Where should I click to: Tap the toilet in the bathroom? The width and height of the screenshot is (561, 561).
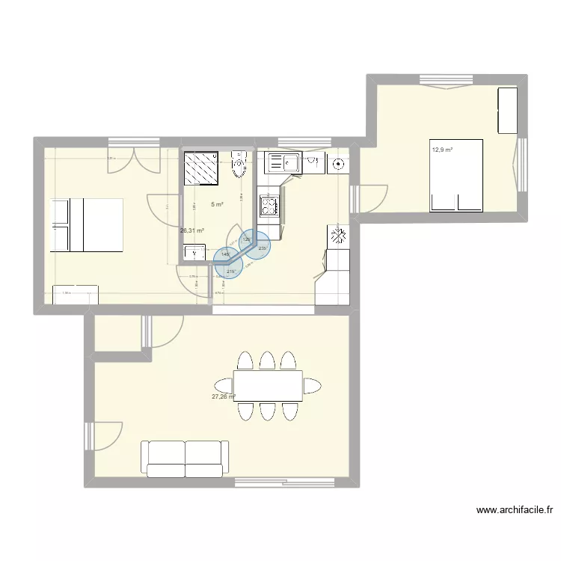click(239, 165)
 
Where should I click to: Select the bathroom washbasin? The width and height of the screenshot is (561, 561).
click(194, 254)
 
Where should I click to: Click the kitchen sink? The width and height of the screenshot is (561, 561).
click(283, 161)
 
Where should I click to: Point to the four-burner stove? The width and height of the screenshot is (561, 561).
click(268, 205)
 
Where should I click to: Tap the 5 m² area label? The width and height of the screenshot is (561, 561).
click(217, 204)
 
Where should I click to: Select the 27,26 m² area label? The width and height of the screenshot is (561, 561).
click(224, 397)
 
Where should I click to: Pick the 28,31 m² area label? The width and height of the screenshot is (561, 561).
click(192, 231)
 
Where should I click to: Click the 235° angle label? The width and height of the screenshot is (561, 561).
click(263, 248)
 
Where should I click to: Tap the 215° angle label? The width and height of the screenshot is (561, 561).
click(231, 272)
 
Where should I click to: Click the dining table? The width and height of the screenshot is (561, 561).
click(268, 385)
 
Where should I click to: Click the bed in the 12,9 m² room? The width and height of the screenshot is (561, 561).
click(456, 174)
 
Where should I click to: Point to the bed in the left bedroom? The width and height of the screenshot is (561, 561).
click(86, 224)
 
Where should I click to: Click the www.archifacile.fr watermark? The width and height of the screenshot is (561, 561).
click(515, 511)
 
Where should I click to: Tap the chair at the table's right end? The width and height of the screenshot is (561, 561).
click(313, 386)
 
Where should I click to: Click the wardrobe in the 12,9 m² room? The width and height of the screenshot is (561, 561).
click(508, 109)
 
